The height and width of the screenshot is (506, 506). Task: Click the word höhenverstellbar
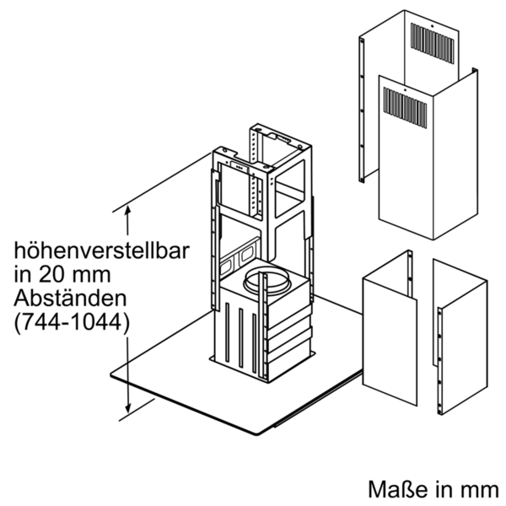(101, 250)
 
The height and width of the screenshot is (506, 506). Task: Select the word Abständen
(70, 299)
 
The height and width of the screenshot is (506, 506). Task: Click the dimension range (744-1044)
(72, 322)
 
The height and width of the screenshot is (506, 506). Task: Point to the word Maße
(398, 489)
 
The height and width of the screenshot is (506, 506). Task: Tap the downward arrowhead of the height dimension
(128, 408)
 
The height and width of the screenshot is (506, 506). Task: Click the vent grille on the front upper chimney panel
(405, 107)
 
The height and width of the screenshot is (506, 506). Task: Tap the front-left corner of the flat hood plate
(111, 374)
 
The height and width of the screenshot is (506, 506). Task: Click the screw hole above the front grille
(404, 89)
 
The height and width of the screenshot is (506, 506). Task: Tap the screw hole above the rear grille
(433, 25)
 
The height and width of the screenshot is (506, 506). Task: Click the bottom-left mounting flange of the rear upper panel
(362, 179)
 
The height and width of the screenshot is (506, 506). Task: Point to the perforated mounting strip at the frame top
(255, 145)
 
